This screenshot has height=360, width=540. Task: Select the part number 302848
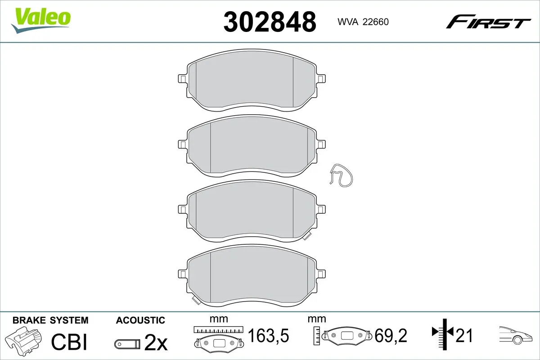point(270,22)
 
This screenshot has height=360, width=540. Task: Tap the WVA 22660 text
point(363,22)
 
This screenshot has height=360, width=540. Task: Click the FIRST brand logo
point(488,22)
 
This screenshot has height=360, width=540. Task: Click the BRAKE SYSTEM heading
point(50,320)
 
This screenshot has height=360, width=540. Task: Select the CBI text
point(69,342)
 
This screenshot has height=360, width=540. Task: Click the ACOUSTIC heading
point(140,320)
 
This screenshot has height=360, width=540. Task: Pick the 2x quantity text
point(156,343)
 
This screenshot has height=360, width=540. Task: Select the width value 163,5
point(268,335)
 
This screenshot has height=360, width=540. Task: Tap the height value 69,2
point(391,335)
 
